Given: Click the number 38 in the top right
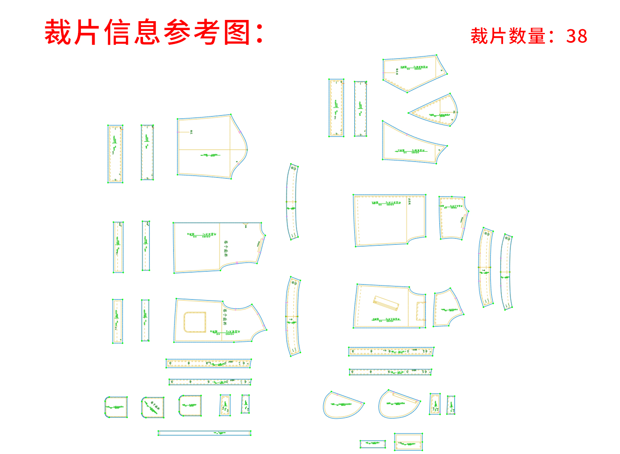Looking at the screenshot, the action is (x=577, y=36).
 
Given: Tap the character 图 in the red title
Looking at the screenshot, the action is (x=237, y=33).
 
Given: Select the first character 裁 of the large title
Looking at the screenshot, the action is (x=58, y=33).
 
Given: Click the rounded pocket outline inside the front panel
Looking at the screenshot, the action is (x=195, y=322).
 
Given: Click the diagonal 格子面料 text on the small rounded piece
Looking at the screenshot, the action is (x=155, y=406).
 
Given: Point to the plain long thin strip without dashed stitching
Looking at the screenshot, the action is (x=204, y=433).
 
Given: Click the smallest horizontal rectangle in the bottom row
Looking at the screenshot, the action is (x=373, y=444).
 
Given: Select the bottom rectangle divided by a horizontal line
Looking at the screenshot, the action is (x=408, y=441).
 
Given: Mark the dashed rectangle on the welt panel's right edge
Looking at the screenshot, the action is (x=421, y=311).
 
